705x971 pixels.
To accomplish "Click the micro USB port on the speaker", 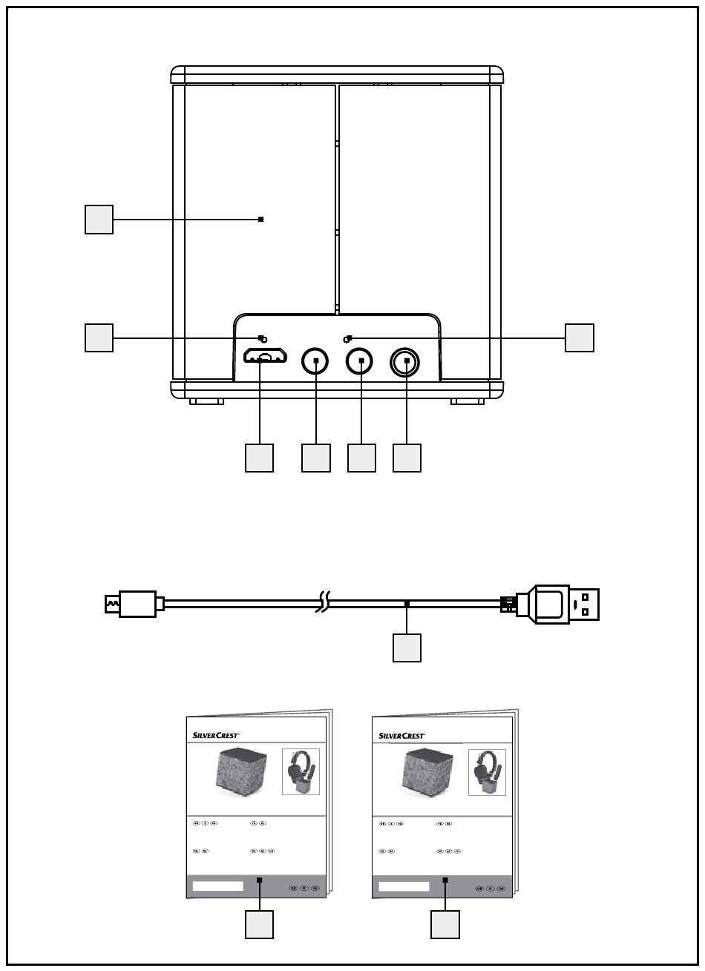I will point(265,357).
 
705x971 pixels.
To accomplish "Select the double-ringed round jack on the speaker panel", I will point(406,362).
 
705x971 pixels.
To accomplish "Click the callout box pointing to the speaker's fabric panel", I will point(99,220).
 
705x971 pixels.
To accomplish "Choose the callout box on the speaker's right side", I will point(579,338).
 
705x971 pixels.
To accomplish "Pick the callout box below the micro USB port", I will point(260,458).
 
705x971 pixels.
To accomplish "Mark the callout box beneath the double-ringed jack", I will point(407,458).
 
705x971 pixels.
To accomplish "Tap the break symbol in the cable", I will point(324,603).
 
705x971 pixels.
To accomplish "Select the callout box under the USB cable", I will point(407,647).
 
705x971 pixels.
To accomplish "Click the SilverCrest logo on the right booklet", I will point(402,735).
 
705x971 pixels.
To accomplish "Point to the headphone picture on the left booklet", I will point(301,771).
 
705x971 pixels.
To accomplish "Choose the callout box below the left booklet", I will point(260,924).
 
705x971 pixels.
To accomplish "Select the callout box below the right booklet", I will point(445,924).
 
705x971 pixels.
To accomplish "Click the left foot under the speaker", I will point(206,402).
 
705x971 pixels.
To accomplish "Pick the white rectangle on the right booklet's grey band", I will point(404,886).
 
